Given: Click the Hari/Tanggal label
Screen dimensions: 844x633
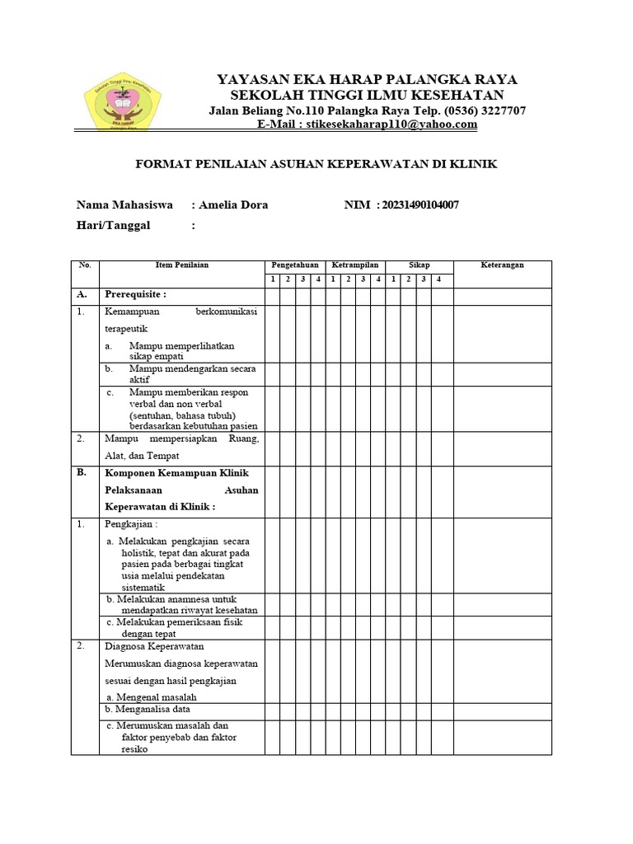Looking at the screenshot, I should coord(114,226).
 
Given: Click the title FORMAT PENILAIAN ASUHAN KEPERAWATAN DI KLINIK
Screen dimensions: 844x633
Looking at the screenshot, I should coord(316,164).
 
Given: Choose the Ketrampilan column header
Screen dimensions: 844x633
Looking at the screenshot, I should coord(355,265).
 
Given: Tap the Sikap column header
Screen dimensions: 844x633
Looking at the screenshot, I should coord(420,265).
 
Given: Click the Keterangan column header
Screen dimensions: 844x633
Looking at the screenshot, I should coord(502,265).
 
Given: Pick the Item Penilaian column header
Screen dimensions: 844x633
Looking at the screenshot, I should coord(182,265).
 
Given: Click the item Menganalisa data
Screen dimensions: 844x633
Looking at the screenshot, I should coord(149,709).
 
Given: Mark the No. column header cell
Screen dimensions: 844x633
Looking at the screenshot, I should coord(85,265).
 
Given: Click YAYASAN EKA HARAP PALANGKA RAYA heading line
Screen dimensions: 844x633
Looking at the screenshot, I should coord(367,79).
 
